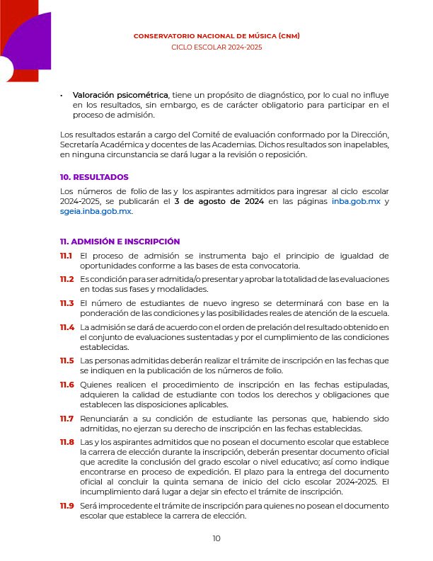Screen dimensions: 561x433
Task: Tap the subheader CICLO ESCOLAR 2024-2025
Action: (216, 47)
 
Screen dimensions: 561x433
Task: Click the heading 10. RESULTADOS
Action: (94, 177)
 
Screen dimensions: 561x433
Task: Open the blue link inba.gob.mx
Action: (356, 202)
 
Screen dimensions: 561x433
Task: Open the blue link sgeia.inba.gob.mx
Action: (96, 212)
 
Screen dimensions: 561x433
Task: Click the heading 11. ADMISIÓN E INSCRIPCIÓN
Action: (120, 242)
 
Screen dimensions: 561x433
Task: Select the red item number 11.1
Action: (67, 256)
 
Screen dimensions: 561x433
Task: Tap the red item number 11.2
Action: (67, 280)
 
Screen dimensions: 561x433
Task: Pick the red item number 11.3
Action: (67, 303)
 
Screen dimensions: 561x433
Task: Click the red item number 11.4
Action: (67, 327)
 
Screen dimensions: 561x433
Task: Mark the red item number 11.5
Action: (67, 361)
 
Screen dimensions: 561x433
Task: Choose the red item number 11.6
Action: (67, 385)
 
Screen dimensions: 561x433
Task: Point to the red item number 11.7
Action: (67, 419)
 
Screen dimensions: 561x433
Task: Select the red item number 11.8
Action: (67, 443)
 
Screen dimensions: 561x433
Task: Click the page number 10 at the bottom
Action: (216, 539)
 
